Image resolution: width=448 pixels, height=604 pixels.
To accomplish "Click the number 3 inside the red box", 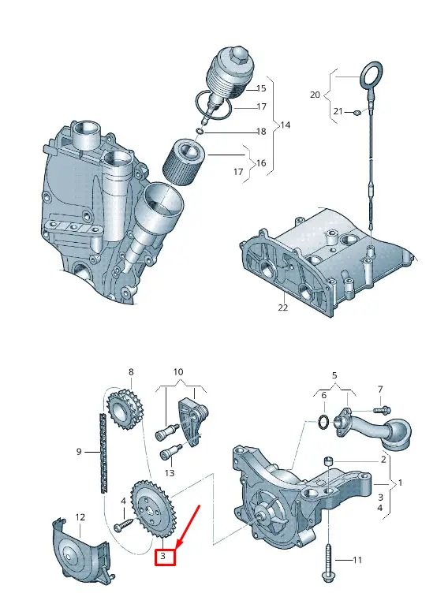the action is pyautogui.click(x=163, y=556).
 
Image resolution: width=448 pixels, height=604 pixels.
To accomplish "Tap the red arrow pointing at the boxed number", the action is pyautogui.click(x=188, y=526).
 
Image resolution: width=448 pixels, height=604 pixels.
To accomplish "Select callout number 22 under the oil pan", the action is pyautogui.click(x=282, y=308).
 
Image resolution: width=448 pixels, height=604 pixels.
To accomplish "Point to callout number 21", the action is pyautogui.click(x=338, y=111).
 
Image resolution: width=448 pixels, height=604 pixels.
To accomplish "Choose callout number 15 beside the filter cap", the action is pyautogui.click(x=261, y=88).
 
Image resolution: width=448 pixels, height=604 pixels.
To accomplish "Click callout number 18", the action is pyautogui.click(x=262, y=132).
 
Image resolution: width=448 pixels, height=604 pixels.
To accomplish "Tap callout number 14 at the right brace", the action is pyautogui.click(x=285, y=125).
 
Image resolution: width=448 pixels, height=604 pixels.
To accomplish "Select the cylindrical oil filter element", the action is pyautogui.click(x=183, y=162).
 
